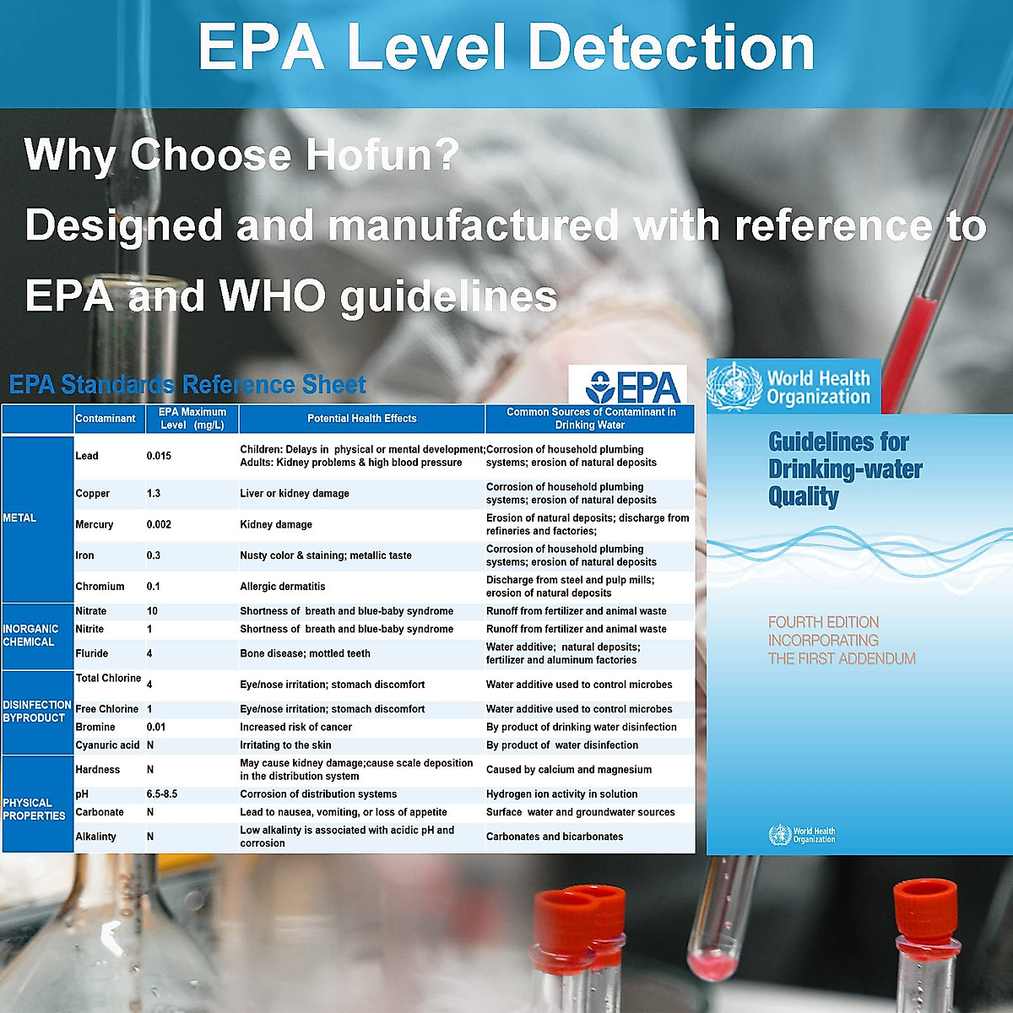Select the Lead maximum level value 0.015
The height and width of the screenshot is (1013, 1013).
tap(159, 456)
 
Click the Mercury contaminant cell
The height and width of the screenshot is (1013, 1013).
tap(94, 524)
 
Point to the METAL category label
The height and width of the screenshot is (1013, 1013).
tap(19, 517)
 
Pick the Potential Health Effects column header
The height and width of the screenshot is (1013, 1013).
tap(361, 419)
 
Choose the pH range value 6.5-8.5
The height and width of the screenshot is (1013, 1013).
tap(162, 794)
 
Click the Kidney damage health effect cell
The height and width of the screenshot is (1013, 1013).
tap(276, 524)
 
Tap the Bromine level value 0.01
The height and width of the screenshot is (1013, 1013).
tap(155, 727)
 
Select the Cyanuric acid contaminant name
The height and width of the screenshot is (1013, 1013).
tap(107, 745)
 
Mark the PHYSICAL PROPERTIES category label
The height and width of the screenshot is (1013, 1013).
tap(34, 809)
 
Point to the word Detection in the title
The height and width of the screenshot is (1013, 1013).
tap(671, 48)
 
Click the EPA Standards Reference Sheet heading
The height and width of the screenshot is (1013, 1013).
tap(187, 384)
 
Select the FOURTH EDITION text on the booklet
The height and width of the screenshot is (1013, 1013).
tap(823, 622)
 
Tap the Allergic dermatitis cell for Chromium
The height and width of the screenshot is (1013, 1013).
tap(282, 586)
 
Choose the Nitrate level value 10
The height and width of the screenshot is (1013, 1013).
tap(152, 611)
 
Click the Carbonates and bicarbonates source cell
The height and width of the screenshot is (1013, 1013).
tap(555, 837)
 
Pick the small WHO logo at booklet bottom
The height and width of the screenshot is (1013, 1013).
tap(802, 835)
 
